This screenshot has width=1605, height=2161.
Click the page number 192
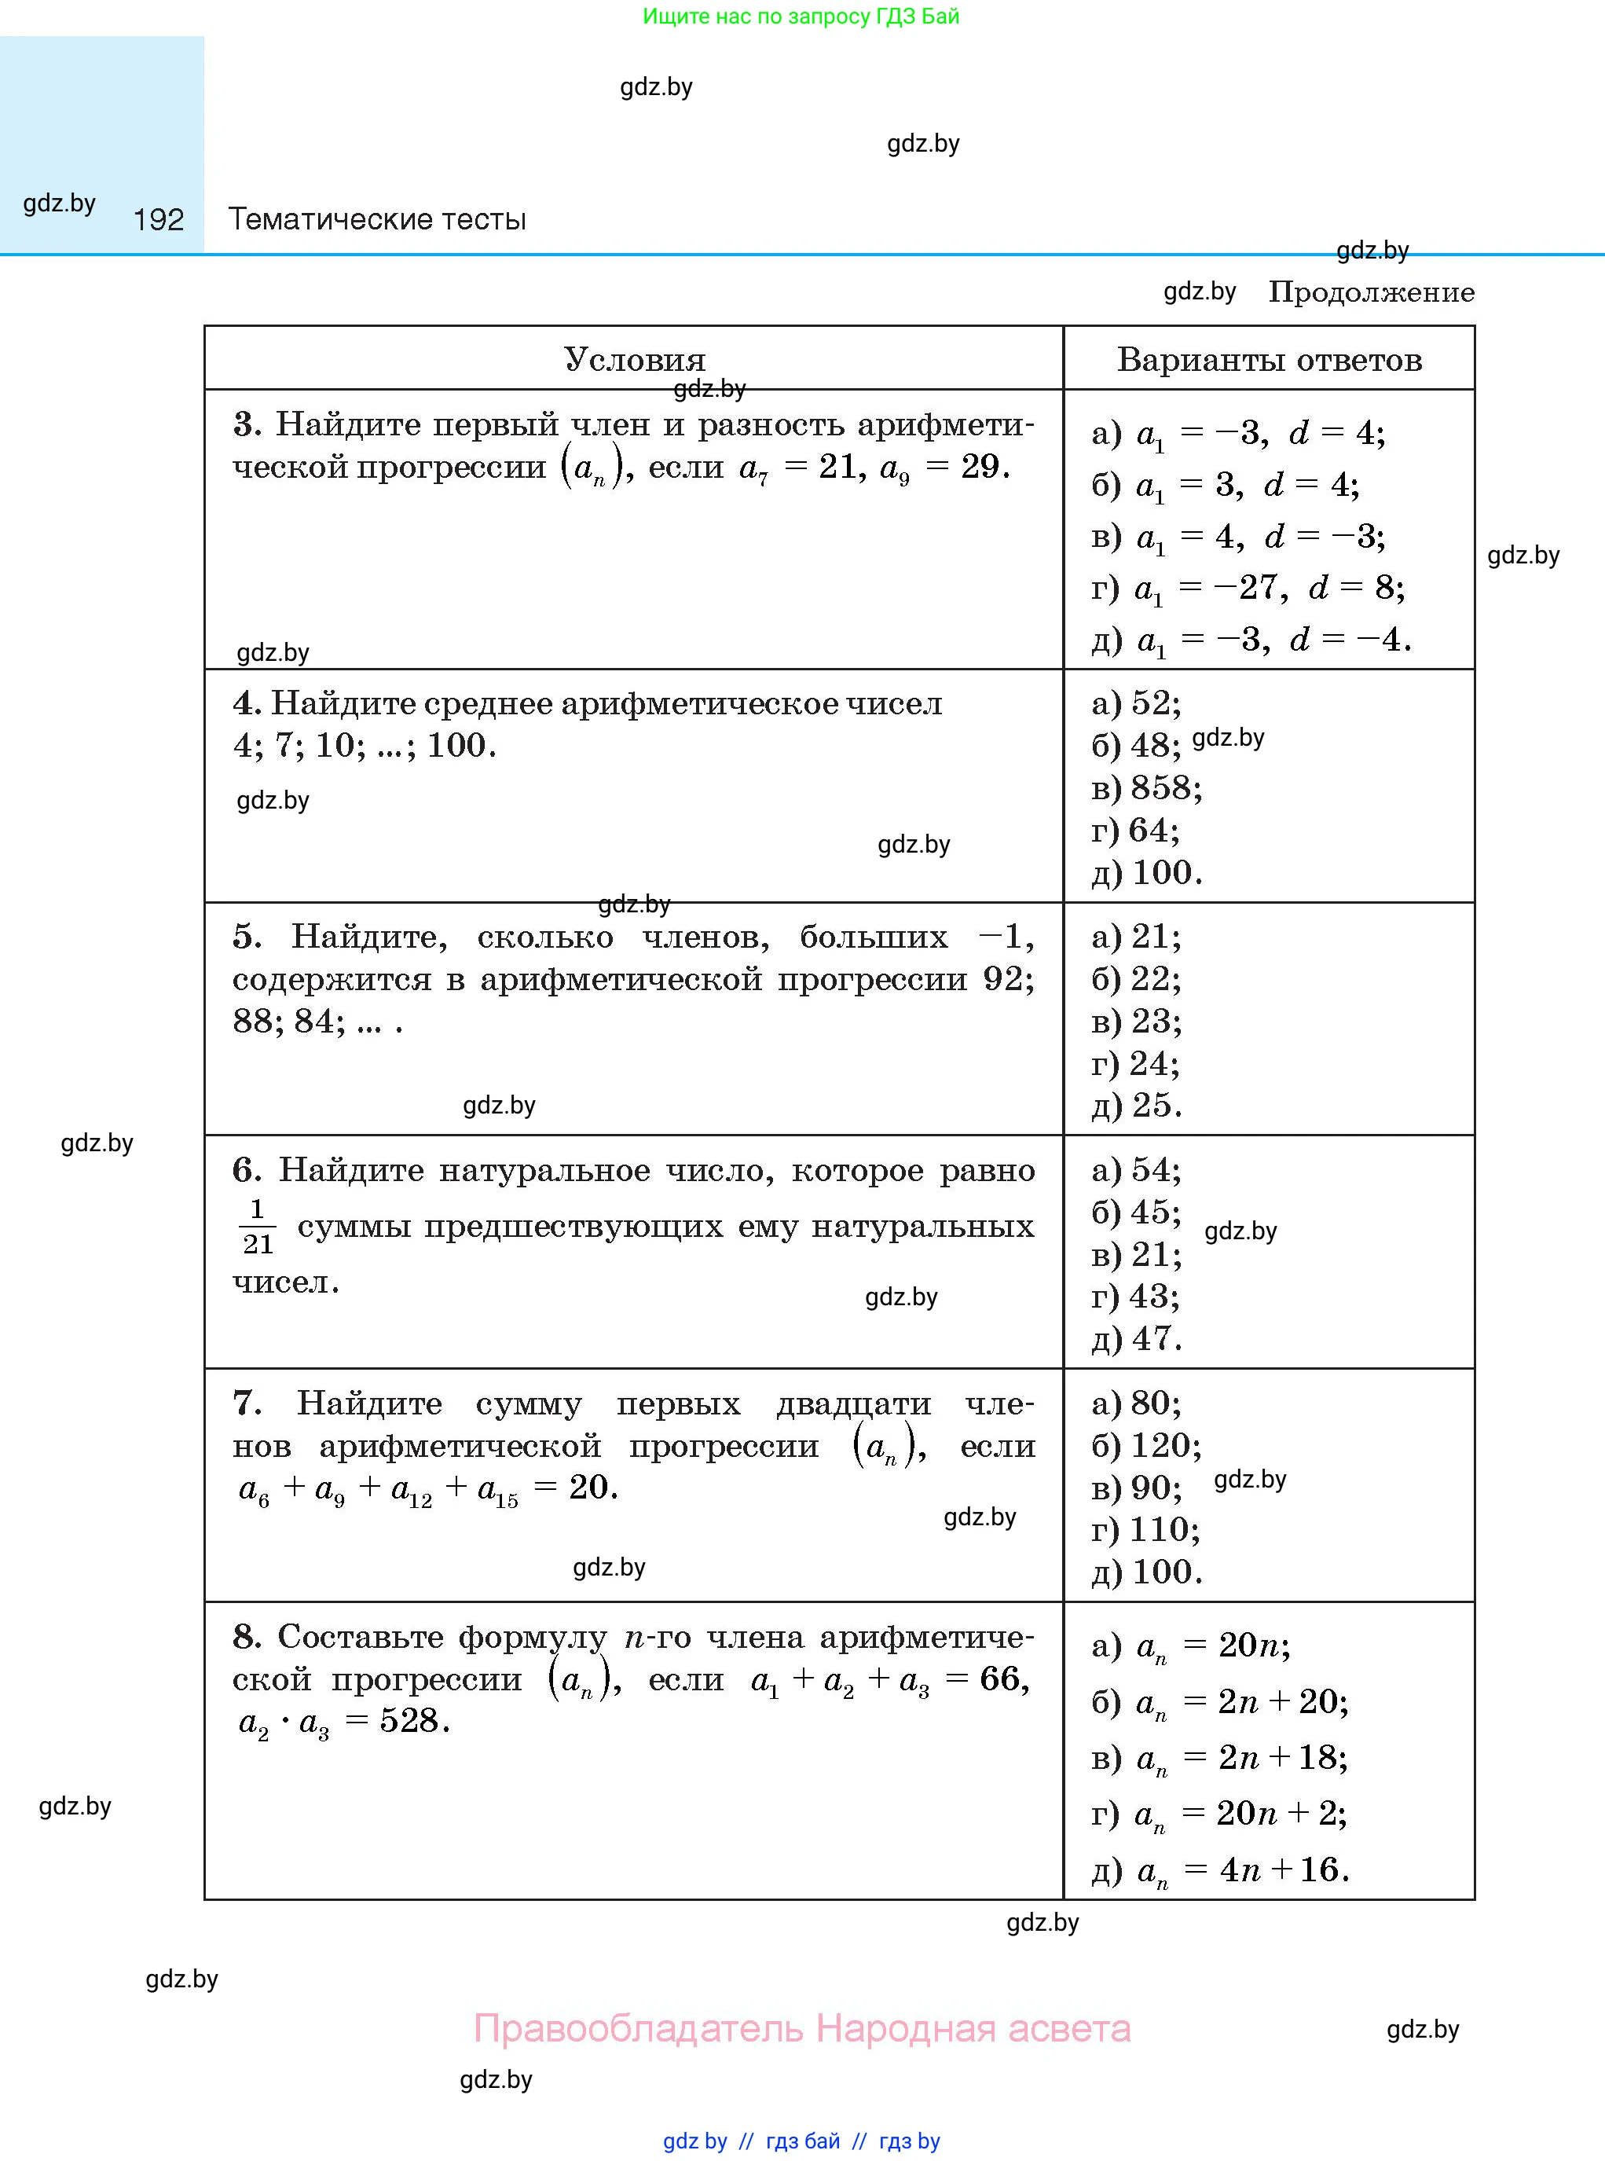[x=159, y=219]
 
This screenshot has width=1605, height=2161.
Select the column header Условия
[x=635, y=360]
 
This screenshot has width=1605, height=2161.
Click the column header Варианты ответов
[x=1269, y=360]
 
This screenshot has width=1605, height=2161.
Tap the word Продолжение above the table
[x=1371, y=292]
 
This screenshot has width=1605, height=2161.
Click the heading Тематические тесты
[x=377, y=219]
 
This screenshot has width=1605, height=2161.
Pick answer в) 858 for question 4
[x=1146, y=788]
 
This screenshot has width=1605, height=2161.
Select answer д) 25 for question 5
[x=1137, y=1106]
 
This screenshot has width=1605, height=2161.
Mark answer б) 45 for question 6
[x=1136, y=1213]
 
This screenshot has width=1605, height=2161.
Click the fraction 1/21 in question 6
[x=258, y=1226]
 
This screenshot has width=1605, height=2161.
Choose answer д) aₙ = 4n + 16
[x=1220, y=1870]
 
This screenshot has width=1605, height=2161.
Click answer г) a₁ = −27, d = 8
[x=1248, y=588]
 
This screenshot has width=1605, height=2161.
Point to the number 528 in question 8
[x=413, y=1721]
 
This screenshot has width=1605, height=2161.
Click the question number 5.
[x=247, y=937]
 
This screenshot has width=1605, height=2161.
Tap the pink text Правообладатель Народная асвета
[x=801, y=2029]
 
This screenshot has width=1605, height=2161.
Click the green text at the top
[x=801, y=17]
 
